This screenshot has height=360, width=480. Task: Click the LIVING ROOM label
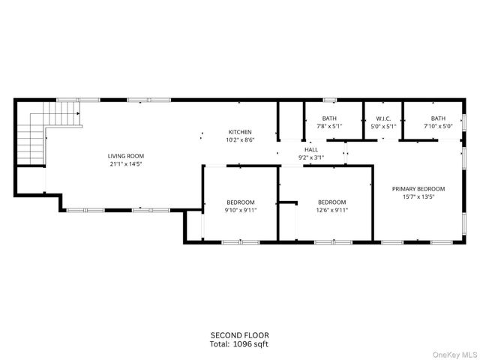click(125, 156)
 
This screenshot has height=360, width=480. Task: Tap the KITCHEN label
click(239, 132)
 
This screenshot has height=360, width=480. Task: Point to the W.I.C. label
click(383, 118)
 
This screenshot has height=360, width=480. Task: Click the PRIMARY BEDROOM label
click(418, 189)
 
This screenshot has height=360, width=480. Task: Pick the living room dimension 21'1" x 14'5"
click(125, 163)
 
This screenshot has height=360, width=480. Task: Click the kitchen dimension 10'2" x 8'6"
click(239, 139)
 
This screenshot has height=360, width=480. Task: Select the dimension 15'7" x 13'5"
click(418, 197)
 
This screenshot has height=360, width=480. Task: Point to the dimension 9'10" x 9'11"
click(241, 210)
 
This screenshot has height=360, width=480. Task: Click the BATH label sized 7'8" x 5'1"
click(329, 118)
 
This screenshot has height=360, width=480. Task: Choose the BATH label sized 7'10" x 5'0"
click(438, 118)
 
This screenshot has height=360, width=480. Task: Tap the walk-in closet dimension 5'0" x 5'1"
click(383, 126)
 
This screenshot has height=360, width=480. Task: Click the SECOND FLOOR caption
click(239, 334)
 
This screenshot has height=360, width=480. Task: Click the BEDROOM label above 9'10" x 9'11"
click(241, 202)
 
